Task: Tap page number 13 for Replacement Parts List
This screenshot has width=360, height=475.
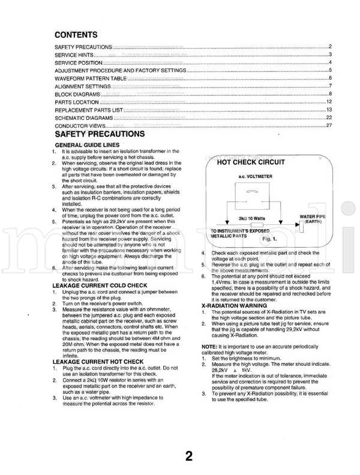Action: pyautogui.click(x=329, y=110)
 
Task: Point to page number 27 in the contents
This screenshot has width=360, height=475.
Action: pyautogui.click(x=329, y=126)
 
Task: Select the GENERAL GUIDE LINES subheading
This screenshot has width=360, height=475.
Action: pyautogui.click(x=83, y=146)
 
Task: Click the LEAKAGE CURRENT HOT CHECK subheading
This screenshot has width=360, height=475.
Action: pyautogui.click(x=98, y=362)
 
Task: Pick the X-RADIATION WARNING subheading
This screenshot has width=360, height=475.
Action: pyautogui.click(x=233, y=305)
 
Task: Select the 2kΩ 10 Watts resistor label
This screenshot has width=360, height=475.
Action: pyautogui.click(x=252, y=218)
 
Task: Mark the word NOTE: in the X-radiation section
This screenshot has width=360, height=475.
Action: pyautogui.click(x=209, y=347)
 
